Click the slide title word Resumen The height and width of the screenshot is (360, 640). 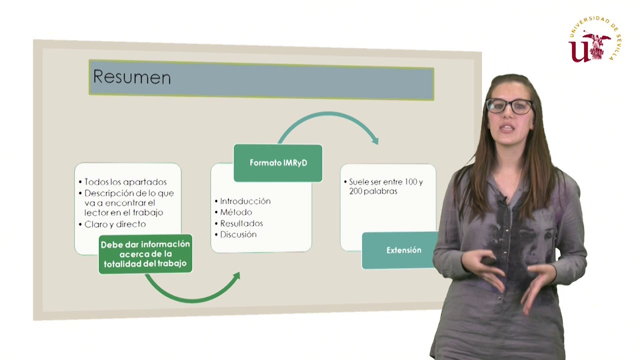pyautogui.click(x=132, y=77)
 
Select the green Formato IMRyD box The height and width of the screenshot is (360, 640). pyautogui.click(x=278, y=163)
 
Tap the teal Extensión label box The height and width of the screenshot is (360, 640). pyautogui.click(x=403, y=250)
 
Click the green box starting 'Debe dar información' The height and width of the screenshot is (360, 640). pyautogui.click(x=145, y=254)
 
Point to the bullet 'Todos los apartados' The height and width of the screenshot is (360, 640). pyautogui.click(x=125, y=182)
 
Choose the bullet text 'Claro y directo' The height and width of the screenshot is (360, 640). pyautogui.click(x=115, y=224)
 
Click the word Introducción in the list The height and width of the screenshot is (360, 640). pyautogui.click(x=245, y=201)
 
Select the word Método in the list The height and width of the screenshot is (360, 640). pyautogui.click(x=236, y=212)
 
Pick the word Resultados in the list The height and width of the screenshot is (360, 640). pyautogui.click(x=241, y=223)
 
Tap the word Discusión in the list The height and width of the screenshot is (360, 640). pyautogui.click(x=238, y=234)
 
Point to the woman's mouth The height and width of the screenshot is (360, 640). pyautogui.click(x=506, y=128)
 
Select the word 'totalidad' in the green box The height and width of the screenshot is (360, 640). pyautogui.click(x=122, y=263)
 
